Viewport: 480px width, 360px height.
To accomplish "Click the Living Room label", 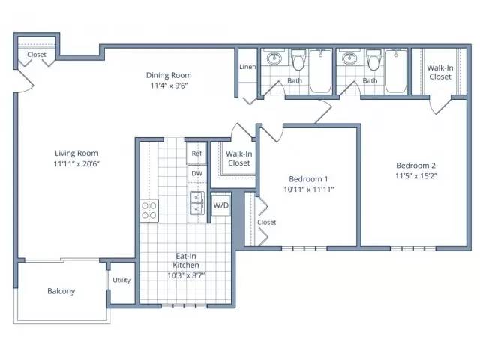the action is point(76,153).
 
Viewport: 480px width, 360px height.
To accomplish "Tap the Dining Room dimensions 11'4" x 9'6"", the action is point(169,85).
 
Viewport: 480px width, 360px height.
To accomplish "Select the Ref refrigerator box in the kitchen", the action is point(196,153).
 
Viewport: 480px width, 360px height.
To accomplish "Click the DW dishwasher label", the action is point(196,173).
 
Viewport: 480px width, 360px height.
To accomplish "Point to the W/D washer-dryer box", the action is point(220,205).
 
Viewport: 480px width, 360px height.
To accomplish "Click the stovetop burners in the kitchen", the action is point(149,211).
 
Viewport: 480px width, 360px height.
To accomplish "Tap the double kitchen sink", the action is point(196,203).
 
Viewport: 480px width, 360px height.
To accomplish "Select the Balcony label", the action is point(61,291).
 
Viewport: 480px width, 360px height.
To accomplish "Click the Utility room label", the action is point(121,280).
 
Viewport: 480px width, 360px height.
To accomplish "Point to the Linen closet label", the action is point(247,67).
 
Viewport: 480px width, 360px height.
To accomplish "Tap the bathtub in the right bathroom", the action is point(396,71).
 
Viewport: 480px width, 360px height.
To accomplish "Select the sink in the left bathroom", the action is point(274,58).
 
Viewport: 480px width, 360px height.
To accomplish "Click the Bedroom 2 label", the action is point(415,166).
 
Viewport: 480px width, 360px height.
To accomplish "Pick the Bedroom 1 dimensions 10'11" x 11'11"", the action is point(308,190).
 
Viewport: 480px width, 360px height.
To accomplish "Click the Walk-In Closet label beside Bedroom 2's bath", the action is point(440,72).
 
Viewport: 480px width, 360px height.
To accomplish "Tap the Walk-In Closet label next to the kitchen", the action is point(239,158).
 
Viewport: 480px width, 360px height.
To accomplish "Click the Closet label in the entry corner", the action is point(37,55).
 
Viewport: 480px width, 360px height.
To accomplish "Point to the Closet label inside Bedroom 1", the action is point(267,222).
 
